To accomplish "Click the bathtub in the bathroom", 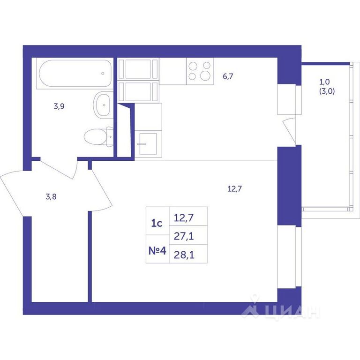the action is (75, 74).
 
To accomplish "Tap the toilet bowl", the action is (95, 136).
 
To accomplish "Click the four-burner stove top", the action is (200, 71).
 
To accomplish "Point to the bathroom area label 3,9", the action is (59, 106).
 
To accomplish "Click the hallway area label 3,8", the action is (51, 197).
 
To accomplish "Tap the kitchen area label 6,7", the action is (228, 76).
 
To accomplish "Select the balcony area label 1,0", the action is (324, 82).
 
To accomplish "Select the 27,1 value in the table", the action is (184, 236).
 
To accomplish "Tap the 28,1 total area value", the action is (184, 255).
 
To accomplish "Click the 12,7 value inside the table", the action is (184, 217).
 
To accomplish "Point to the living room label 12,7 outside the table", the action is (235, 189).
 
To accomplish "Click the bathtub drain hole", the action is (103, 74).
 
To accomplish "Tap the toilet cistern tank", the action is (110, 136).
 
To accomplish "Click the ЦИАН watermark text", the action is (281, 312).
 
